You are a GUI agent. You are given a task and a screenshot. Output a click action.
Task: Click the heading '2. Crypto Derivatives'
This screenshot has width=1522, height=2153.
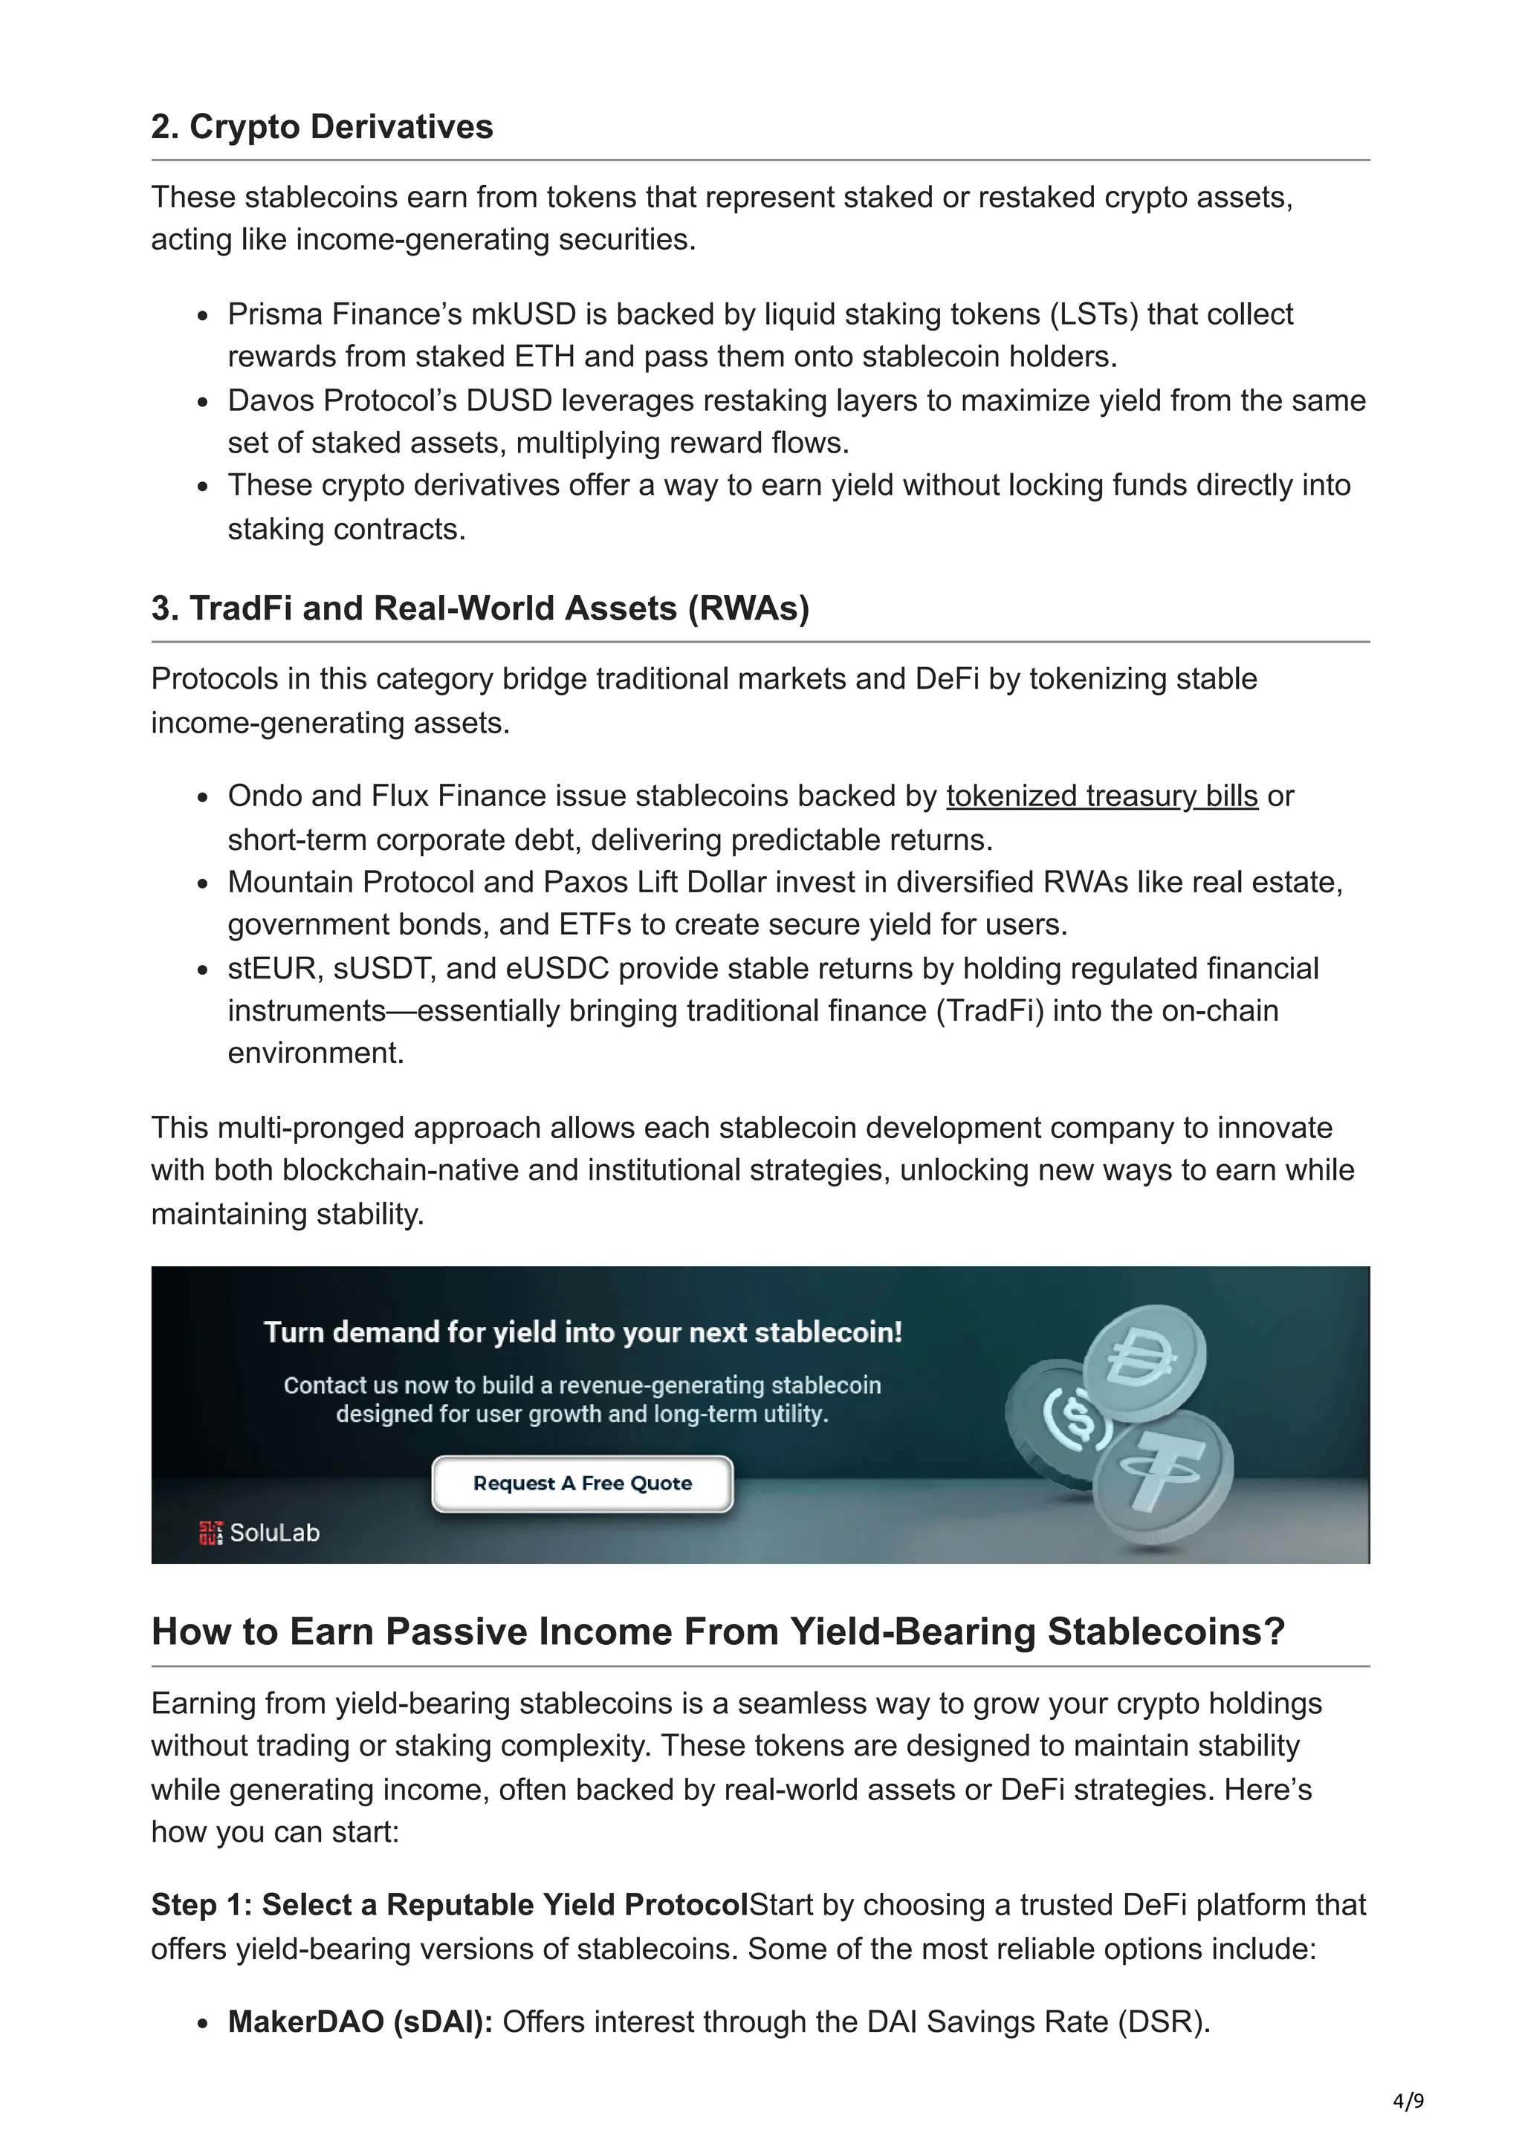pyautogui.click(x=322, y=126)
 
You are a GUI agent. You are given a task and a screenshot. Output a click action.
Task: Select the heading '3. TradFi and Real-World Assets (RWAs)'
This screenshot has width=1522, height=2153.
pyautogui.click(x=479, y=608)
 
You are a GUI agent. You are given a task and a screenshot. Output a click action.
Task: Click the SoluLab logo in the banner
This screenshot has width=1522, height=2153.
pyautogui.click(x=260, y=1532)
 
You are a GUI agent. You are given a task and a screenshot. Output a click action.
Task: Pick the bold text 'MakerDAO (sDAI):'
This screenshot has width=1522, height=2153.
pyautogui.click(x=360, y=2022)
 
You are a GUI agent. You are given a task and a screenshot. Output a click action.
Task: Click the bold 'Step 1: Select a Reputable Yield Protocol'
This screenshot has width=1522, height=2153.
pyautogui.click(x=450, y=1905)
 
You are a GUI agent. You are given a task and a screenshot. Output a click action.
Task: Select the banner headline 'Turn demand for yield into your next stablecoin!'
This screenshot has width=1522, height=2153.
pyautogui.click(x=583, y=1333)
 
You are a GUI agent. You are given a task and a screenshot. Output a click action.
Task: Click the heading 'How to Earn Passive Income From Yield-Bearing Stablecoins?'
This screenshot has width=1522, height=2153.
pyautogui.click(x=717, y=1631)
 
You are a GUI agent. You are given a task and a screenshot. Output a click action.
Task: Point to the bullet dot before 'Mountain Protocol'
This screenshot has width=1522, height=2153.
pyautogui.click(x=203, y=883)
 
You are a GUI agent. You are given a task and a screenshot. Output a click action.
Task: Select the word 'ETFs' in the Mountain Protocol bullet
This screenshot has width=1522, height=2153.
pyautogui.click(x=595, y=925)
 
